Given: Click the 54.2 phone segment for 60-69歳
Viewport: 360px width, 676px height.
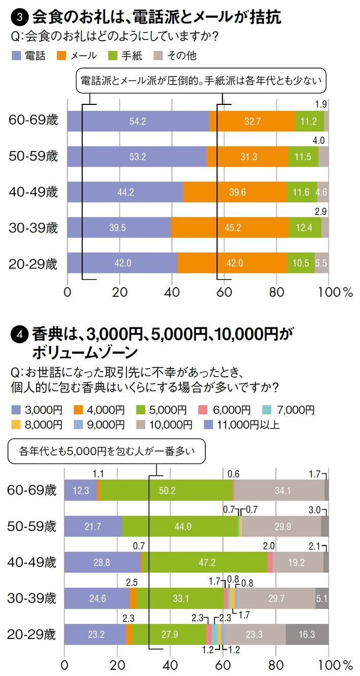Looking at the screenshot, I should [138, 121].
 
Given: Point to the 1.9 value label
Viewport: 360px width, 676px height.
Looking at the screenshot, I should [320, 104].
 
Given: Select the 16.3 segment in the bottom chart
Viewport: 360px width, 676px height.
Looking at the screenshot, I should [307, 634].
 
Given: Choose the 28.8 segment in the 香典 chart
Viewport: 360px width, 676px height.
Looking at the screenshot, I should [102, 562].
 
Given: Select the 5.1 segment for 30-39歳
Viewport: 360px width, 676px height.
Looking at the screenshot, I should [321, 598].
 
